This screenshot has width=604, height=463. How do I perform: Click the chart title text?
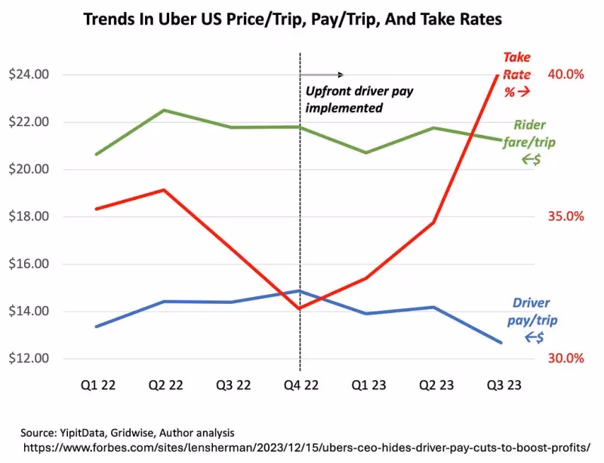[292, 20]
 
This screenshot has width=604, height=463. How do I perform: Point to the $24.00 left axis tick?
[28, 75]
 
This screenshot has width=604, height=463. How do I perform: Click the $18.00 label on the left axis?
[28, 216]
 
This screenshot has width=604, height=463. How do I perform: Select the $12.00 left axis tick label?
[28, 358]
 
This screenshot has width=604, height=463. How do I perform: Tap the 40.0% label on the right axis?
[566, 75]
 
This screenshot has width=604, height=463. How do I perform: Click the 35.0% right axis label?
[566, 216]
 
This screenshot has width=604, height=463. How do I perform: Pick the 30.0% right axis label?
[566, 358]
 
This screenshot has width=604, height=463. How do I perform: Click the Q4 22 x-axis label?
[300, 385]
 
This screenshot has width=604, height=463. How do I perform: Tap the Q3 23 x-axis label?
[502, 385]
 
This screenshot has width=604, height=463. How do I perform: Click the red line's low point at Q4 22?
[300, 308]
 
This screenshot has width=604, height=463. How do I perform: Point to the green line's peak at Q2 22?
[165, 110]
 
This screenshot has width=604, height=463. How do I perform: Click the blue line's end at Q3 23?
[501, 343]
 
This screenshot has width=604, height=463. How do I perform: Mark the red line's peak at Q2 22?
[165, 190]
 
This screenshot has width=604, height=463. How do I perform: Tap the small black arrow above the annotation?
[322, 75]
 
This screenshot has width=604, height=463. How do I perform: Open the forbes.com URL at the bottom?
[306, 447]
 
